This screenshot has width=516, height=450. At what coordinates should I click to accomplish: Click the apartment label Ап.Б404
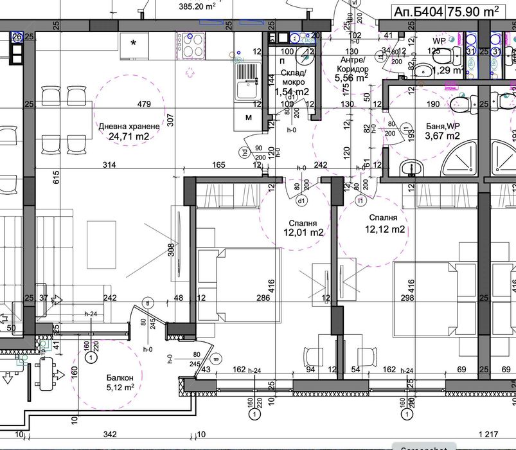[x=418, y=11]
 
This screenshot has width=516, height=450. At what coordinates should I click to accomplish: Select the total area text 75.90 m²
[x=477, y=11]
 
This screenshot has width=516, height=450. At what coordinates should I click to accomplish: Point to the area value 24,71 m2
[x=129, y=136]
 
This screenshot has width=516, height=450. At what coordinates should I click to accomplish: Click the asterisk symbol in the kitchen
[x=134, y=44]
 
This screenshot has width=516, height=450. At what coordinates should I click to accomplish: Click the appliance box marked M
[x=248, y=118]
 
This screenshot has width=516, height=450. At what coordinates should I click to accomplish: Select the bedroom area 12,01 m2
[x=302, y=233]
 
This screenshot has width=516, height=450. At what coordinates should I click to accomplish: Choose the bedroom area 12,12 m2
[x=384, y=229]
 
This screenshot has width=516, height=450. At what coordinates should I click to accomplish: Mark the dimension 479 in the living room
[x=143, y=104]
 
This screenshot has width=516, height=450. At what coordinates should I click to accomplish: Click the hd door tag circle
[x=245, y=152]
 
